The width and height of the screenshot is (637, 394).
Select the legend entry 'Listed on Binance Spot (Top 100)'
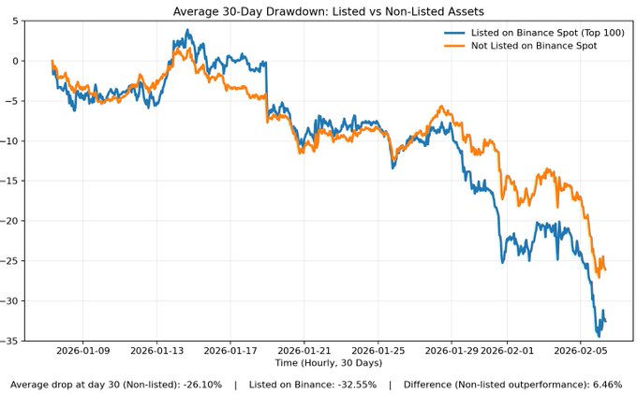coord(538,33)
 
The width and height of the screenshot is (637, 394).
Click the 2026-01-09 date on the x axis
coord(82,351)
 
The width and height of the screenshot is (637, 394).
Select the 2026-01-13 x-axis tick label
coord(156,351)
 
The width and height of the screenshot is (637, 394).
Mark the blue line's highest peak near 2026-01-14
coord(187,30)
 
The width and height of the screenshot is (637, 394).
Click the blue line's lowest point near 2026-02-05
coord(599,335)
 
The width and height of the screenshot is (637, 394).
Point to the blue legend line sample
coord(454,33)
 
